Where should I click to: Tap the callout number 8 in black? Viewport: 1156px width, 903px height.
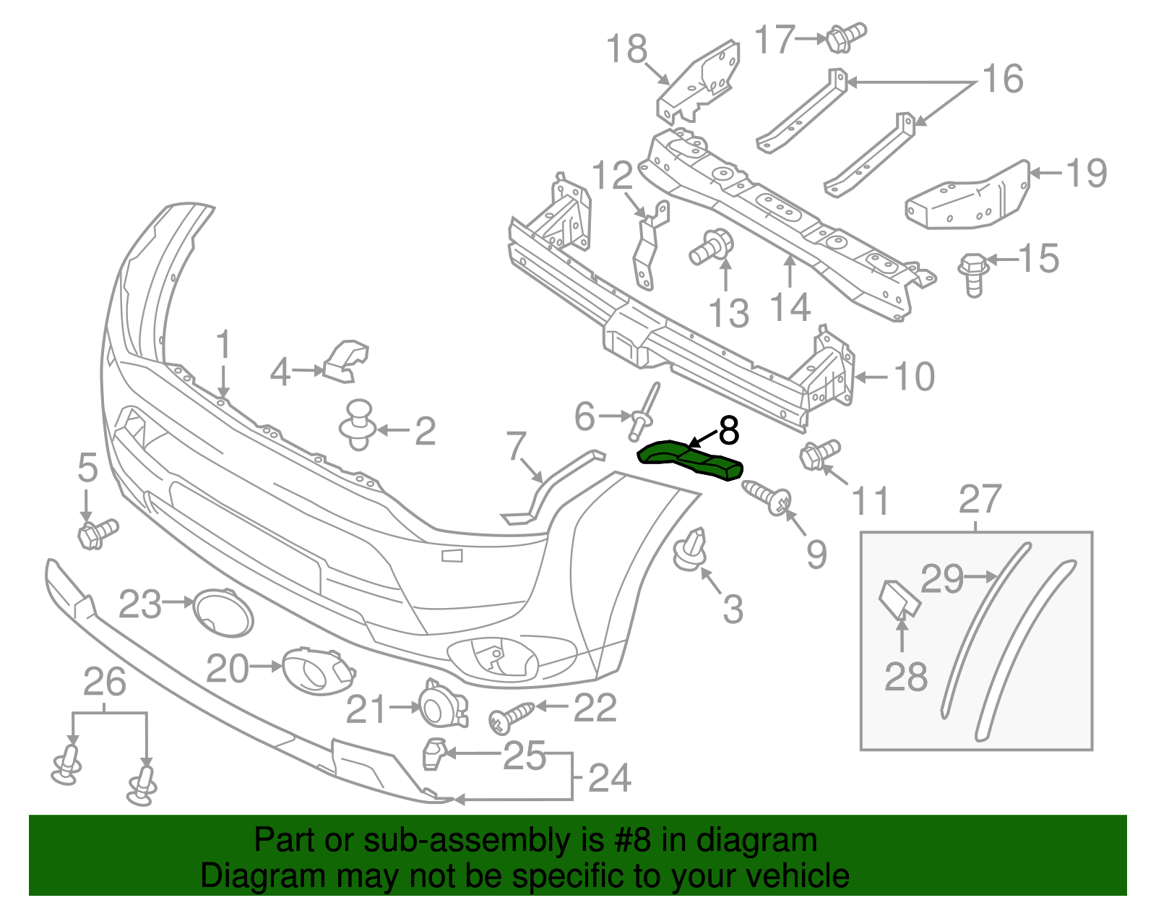[x=729, y=431]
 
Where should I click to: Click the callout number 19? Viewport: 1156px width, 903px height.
[x=1086, y=174]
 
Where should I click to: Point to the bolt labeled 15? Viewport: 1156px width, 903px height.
[x=972, y=273]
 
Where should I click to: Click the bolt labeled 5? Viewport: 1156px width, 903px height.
[x=95, y=534]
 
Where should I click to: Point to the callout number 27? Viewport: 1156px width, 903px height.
[x=980, y=500]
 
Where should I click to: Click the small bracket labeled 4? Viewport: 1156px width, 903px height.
[x=346, y=361]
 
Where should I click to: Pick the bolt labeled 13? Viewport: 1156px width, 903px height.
[x=712, y=247]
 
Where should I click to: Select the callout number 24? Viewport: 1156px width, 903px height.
[x=609, y=779]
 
